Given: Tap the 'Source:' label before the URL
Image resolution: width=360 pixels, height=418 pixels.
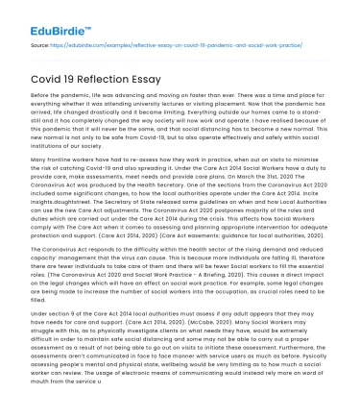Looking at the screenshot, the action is point(40,44).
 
